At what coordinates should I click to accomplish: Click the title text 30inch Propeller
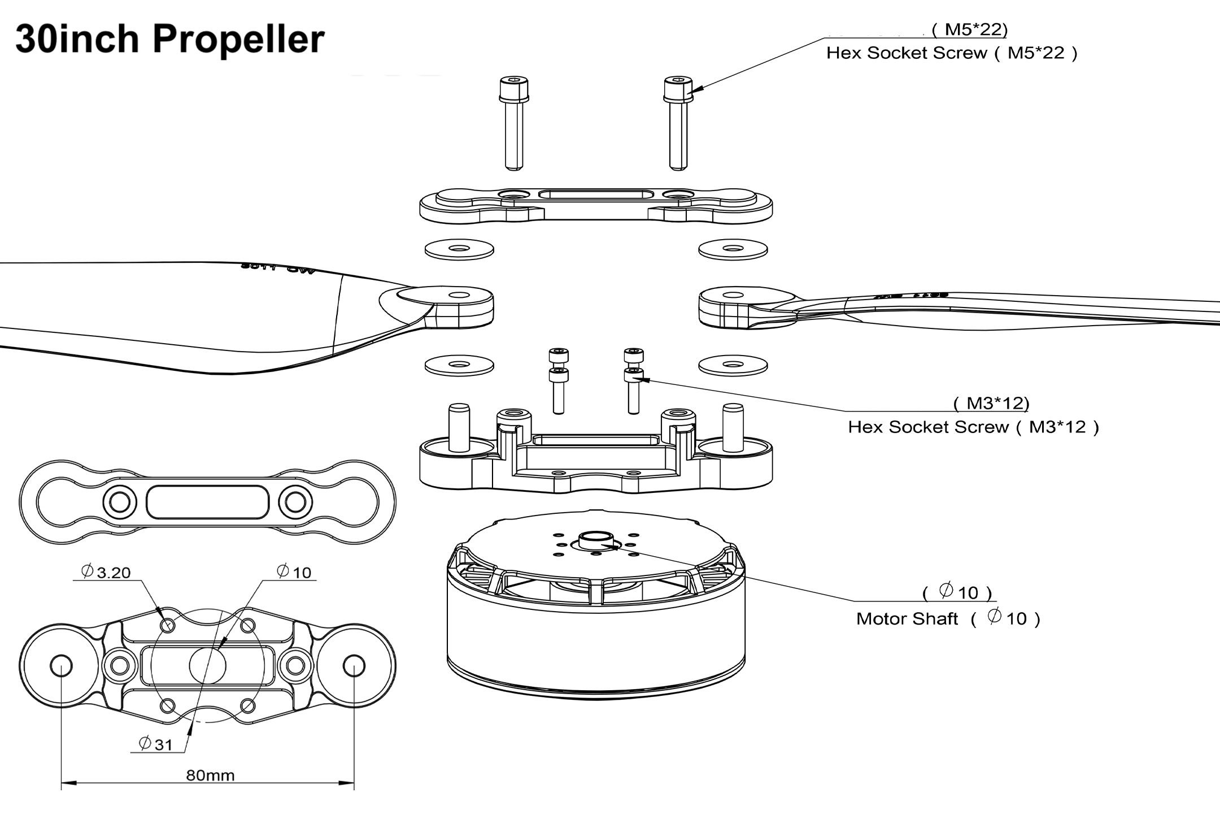coord(169,40)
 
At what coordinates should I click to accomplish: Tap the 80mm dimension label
coord(210,775)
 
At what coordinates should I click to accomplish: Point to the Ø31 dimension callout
coord(155,744)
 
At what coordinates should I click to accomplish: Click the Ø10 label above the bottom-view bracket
coord(294,572)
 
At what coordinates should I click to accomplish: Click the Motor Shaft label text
coord(907,619)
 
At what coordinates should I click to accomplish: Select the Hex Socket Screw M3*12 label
coord(973,427)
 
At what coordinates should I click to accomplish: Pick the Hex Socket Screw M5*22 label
coord(952,53)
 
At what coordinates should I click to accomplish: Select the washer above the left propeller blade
coord(459,249)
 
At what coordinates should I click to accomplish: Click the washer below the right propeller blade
coord(733,366)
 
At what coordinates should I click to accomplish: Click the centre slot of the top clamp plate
coord(596,195)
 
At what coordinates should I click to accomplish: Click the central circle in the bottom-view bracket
coord(207,665)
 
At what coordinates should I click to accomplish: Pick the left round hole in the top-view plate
coord(120,501)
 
